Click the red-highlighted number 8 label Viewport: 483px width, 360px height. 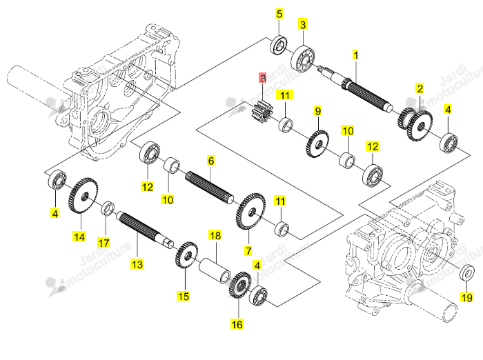click(x=262, y=78)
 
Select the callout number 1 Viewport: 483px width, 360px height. click(x=356, y=55)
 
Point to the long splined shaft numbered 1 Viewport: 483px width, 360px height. click(x=355, y=89)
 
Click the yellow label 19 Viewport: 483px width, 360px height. click(x=466, y=297)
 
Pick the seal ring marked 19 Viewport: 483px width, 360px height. click(x=467, y=272)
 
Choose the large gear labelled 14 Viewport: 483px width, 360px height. click(x=83, y=196)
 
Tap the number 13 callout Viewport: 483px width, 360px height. click(x=137, y=264)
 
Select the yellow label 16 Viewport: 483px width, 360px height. click(x=237, y=324)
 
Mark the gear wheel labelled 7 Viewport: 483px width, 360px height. click(x=250, y=211)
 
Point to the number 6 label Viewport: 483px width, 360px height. click(x=210, y=161)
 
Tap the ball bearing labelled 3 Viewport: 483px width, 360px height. click(x=303, y=58)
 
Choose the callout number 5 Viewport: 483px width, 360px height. click(x=279, y=14)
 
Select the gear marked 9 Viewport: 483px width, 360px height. click(x=317, y=144)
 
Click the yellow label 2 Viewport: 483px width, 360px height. click(x=420, y=88)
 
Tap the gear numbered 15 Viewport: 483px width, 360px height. click(x=186, y=255)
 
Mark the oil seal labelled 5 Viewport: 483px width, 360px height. click(x=279, y=45)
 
